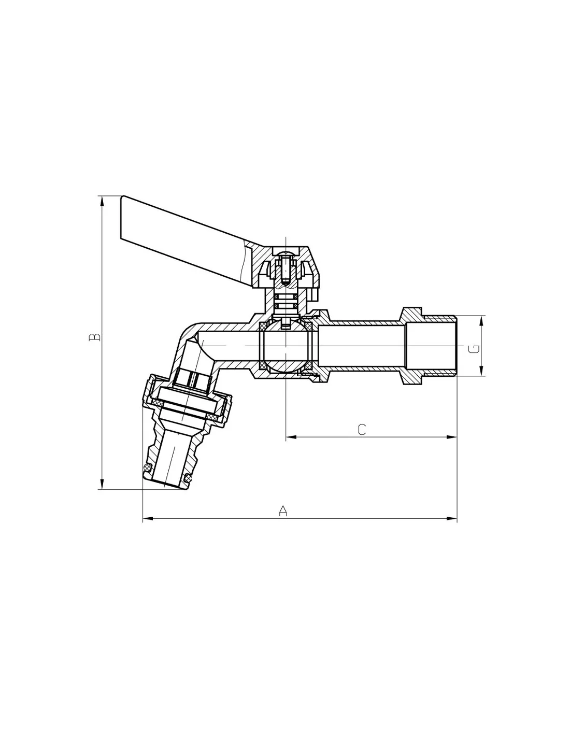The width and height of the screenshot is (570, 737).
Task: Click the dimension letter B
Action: (x=95, y=337)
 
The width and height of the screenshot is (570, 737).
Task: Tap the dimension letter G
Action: (x=474, y=349)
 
